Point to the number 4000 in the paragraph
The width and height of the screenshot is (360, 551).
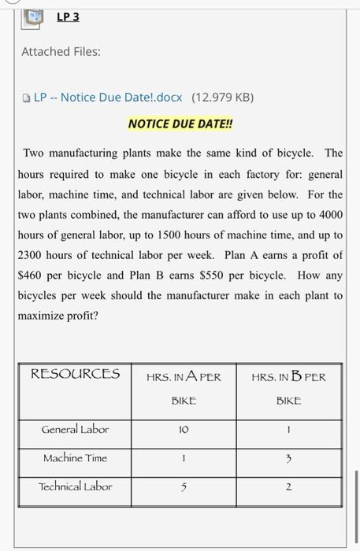click(x=329, y=215)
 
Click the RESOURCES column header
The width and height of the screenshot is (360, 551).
click(x=75, y=374)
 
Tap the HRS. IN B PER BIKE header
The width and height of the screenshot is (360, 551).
click(x=288, y=388)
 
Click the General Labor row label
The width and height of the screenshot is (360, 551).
click(x=76, y=429)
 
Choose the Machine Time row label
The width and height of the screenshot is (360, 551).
click(x=76, y=457)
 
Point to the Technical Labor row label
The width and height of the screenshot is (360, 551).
click(x=76, y=486)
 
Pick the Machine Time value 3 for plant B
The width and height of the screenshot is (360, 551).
click(x=288, y=459)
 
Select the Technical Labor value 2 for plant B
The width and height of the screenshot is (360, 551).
click(x=288, y=487)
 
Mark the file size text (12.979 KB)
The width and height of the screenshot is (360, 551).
click(x=221, y=98)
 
